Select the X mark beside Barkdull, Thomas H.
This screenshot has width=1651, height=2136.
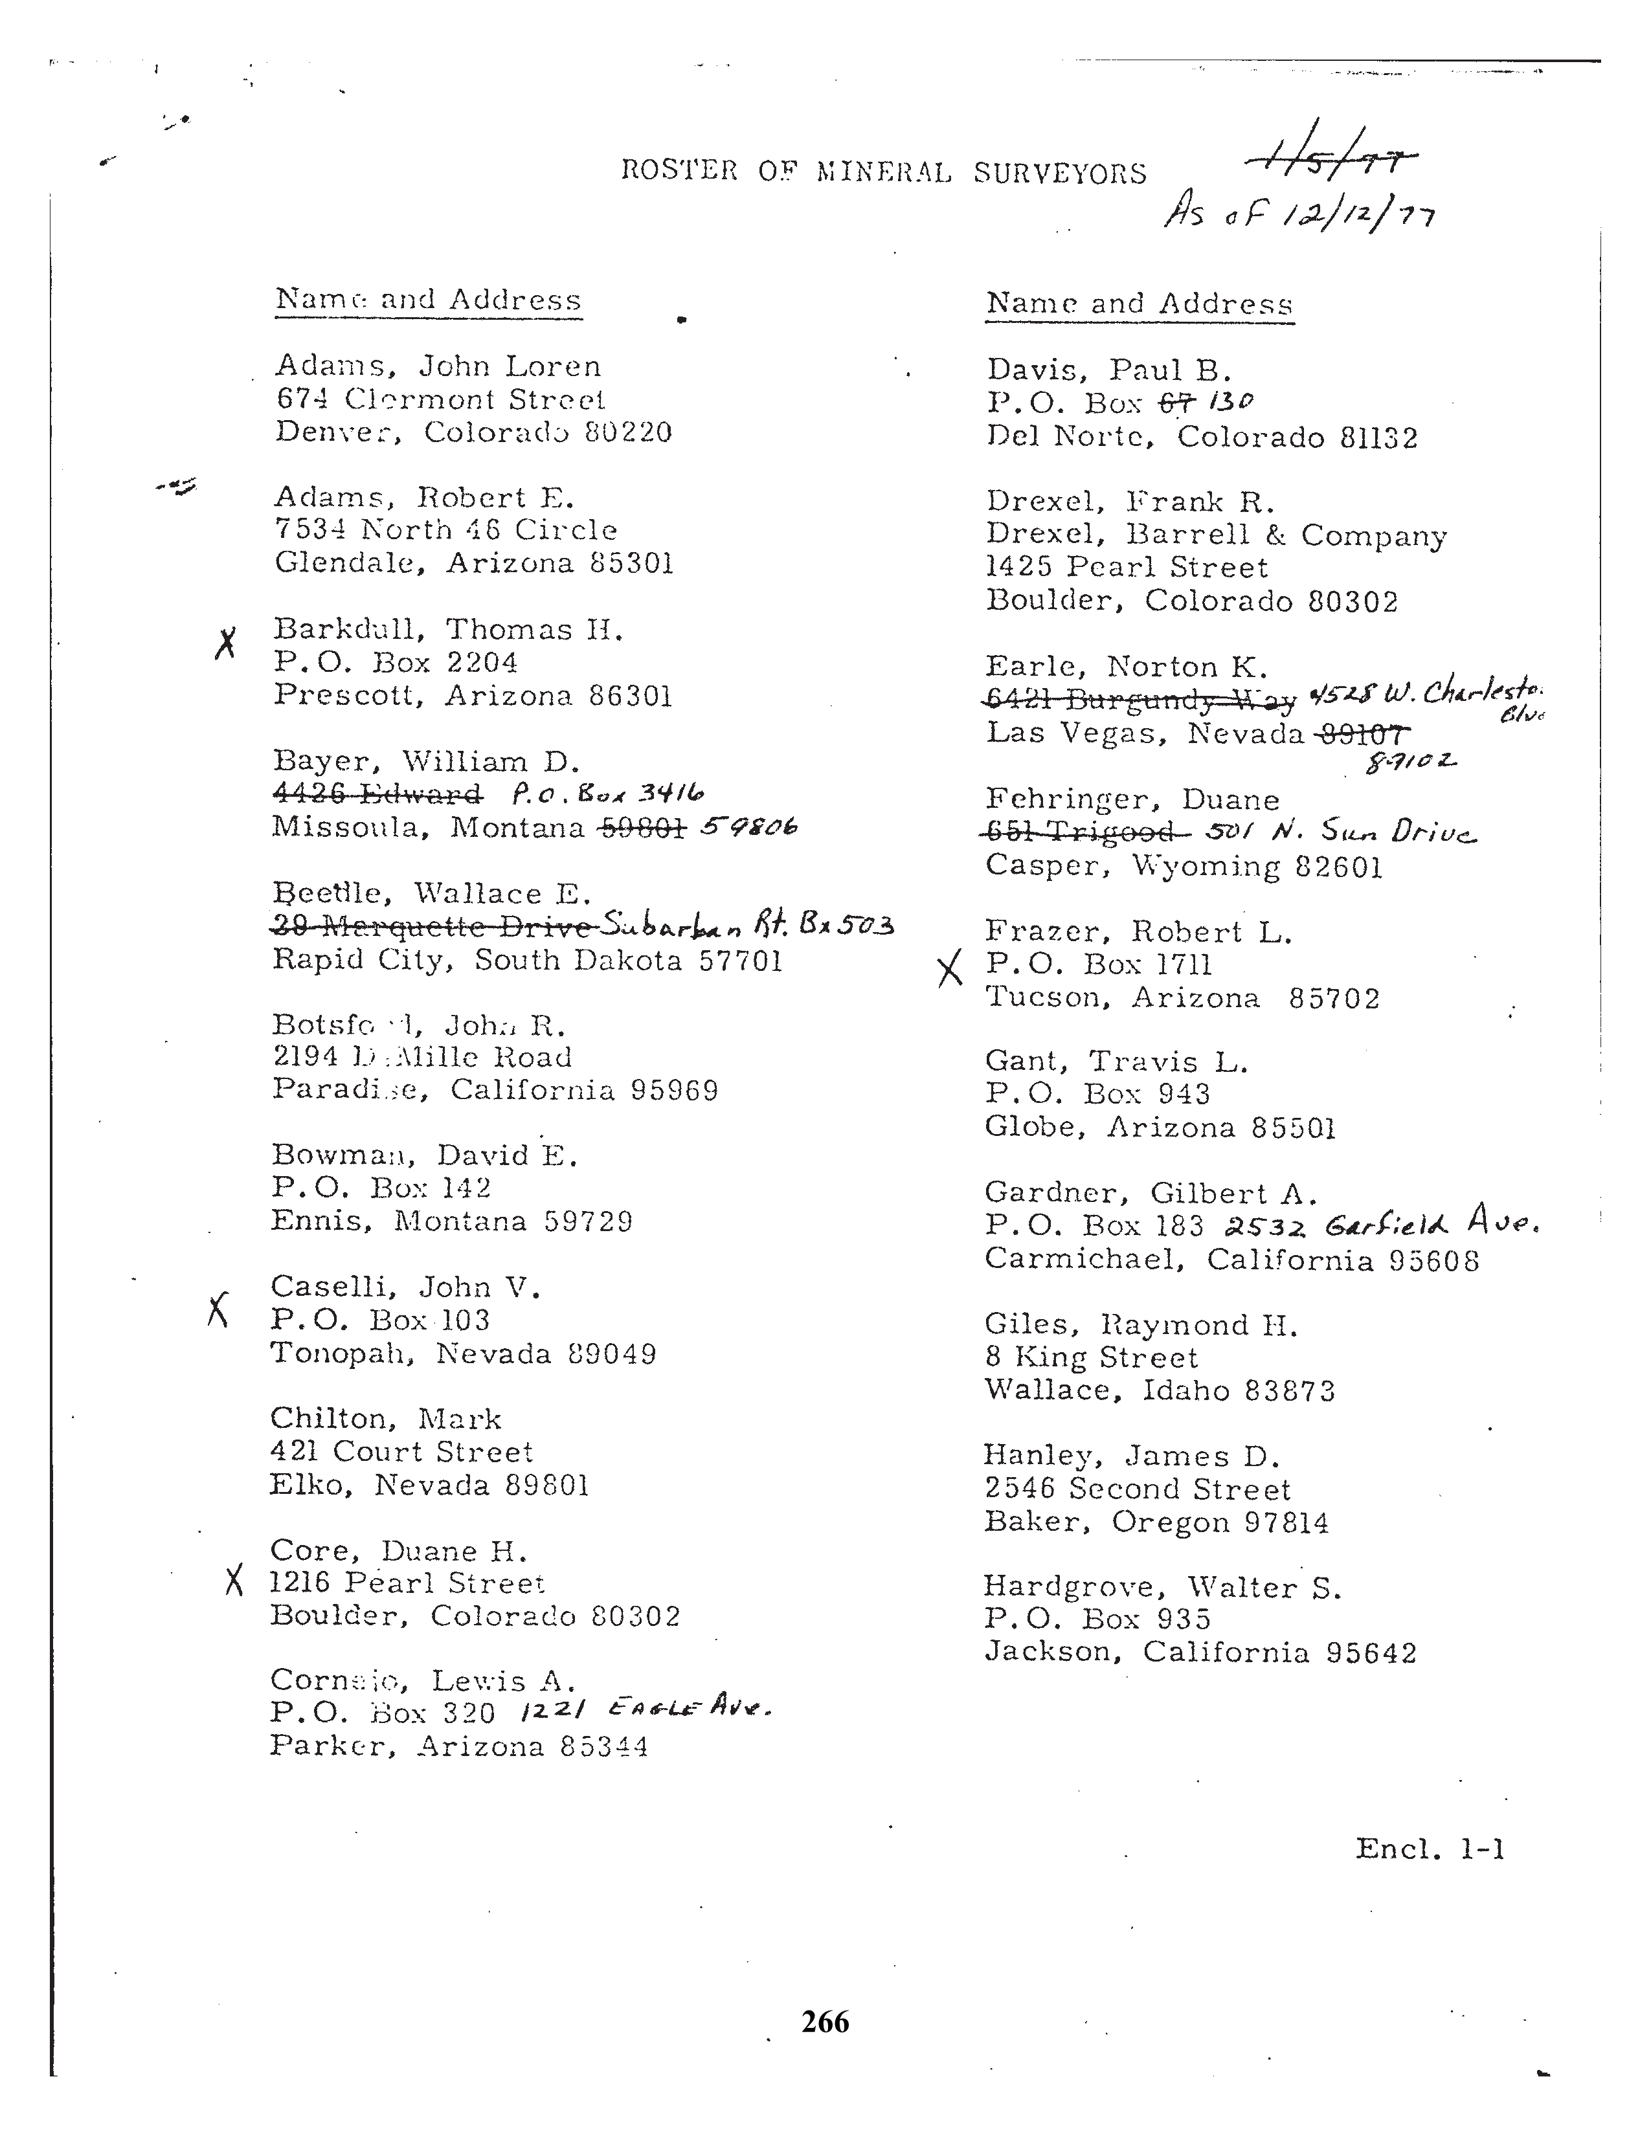point(226,643)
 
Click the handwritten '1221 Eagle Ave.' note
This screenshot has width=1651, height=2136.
point(647,1709)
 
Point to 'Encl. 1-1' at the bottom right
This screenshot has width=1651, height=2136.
point(1429,1849)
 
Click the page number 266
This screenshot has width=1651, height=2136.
point(824,2021)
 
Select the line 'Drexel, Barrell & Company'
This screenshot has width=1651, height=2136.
point(1216,535)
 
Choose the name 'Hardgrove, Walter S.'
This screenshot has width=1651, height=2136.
point(1162,1587)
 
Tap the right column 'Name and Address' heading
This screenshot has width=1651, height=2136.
point(1140,304)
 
